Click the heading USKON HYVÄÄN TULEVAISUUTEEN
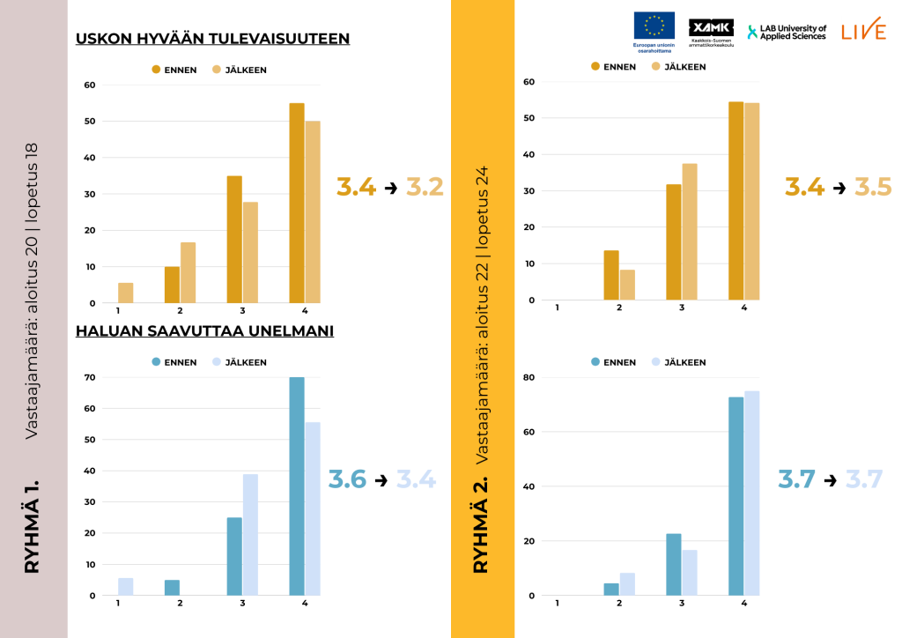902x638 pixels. [x=212, y=39]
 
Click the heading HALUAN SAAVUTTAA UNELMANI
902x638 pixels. [x=204, y=331]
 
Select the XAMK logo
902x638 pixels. [x=711, y=28]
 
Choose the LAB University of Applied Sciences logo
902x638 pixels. [x=787, y=32]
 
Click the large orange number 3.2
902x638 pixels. [x=425, y=187]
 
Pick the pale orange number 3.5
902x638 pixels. [x=873, y=187]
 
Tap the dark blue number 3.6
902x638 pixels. [x=347, y=479]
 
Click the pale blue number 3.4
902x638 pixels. [x=416, y=479]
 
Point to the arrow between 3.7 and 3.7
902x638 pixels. [x=830, y=479]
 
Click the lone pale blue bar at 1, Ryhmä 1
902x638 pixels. [x=125, y=587]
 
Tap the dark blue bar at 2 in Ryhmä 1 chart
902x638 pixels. [x=173, y=588]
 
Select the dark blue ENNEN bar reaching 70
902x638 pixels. [x=297, y=486]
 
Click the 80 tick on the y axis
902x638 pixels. [x=529, y=377]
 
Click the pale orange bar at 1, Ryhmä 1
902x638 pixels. [x=125, y=293]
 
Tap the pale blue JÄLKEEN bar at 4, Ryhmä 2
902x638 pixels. [x=752, y=493]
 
